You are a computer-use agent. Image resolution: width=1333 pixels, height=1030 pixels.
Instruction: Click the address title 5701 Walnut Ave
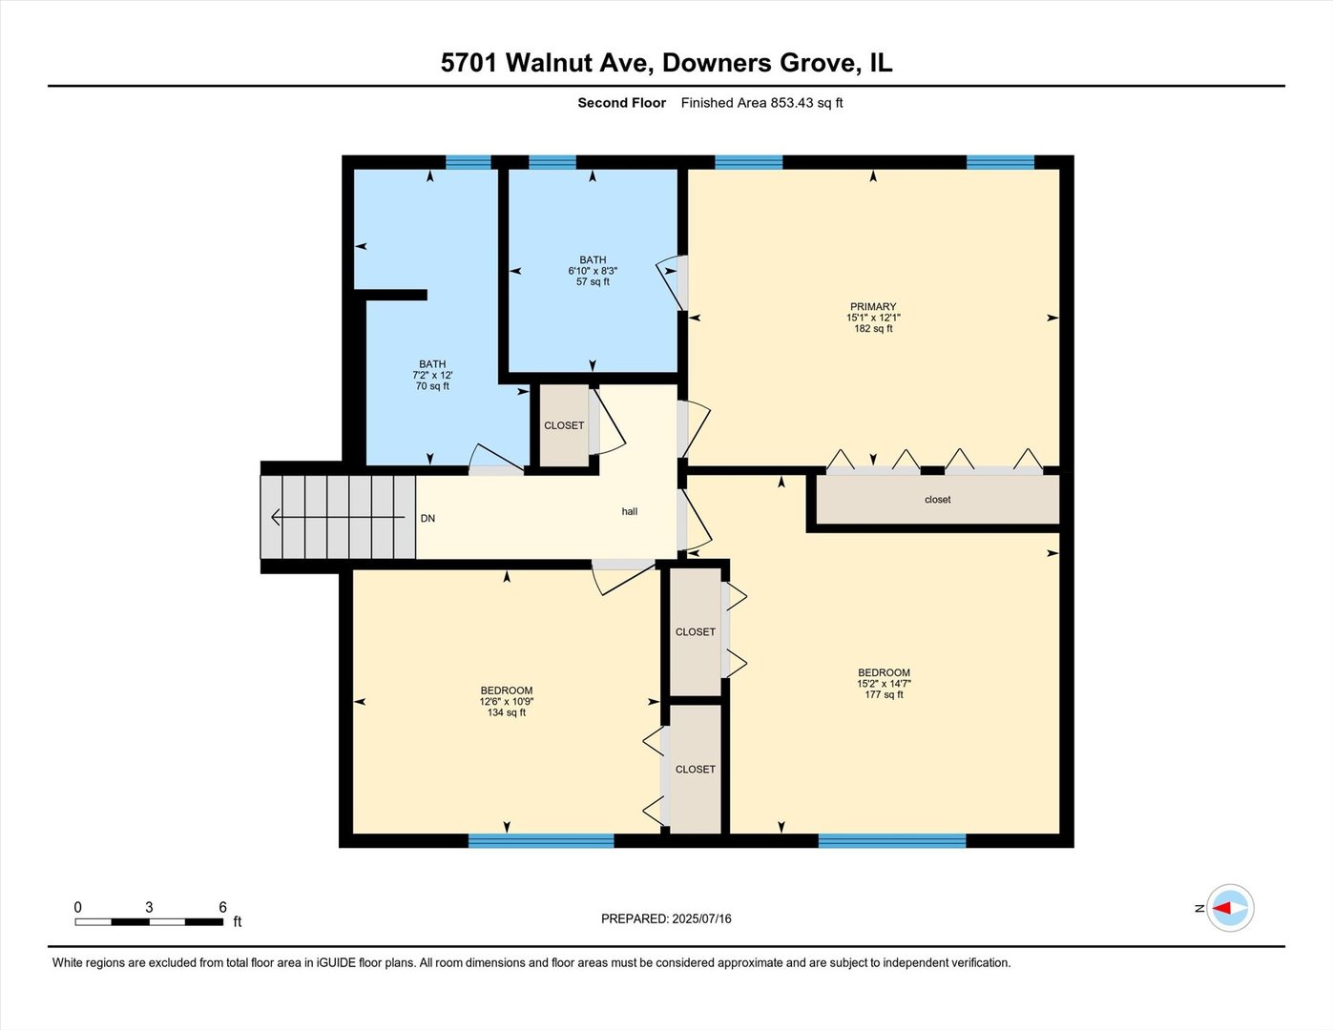click(x=666, y=63)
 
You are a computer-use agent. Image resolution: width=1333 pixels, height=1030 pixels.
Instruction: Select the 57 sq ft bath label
click(x=593, y=271)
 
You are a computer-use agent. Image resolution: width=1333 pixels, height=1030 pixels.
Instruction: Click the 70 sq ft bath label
click(x=432, y=375)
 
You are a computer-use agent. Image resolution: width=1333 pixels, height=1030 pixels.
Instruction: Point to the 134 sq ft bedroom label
click(x=506, y=701)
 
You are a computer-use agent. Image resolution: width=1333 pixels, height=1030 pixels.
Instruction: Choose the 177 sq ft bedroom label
click(x=884, y=684)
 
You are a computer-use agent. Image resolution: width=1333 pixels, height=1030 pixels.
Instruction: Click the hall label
click(x=630, y=512)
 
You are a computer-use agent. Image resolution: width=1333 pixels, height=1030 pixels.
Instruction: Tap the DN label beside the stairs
click(x=427, y=519)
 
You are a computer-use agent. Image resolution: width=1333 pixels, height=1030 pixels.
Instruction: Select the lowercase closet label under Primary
click(x=937, y=500)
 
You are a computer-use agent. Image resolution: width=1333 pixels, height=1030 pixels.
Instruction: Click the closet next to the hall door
click(x=564, y=425)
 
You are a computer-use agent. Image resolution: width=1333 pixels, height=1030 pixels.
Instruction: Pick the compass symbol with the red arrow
click(x=1230, y=908)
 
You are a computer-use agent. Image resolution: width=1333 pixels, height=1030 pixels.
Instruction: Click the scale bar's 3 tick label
click(x=149, y=908)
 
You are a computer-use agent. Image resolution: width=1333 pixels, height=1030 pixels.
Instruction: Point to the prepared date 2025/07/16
click(x=666, y=919)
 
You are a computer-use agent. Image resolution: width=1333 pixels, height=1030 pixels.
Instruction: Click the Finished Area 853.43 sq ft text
click(x=761, y=103)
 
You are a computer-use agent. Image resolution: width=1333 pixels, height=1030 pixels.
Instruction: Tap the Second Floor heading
click(x=621, y=103)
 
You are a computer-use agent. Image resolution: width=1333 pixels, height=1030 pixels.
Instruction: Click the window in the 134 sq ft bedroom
click(x=541, y=840)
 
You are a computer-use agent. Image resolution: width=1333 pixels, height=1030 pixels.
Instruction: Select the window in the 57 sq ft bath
click(x=552, y=162)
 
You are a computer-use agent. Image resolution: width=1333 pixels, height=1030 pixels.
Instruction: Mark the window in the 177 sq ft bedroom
click(x=891, y=840)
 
